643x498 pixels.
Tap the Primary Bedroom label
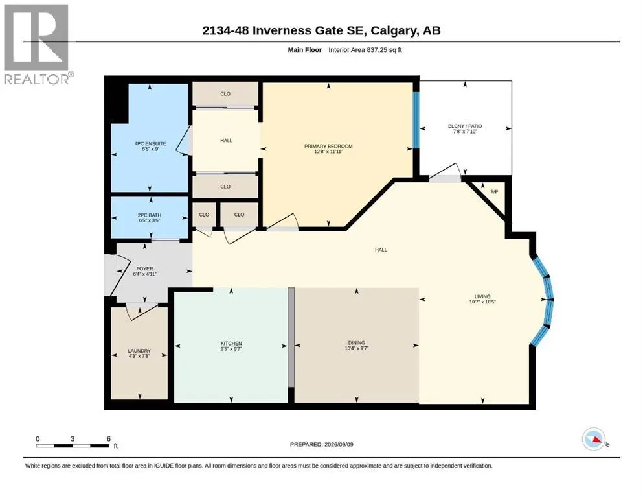328,148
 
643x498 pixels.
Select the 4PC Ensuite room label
150,146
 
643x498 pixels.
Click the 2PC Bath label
150,218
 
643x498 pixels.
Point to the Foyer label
145,272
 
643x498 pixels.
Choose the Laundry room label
139,353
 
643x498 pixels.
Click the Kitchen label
231,346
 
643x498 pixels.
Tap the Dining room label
356,345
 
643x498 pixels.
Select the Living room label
482,299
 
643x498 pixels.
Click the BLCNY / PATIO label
465,128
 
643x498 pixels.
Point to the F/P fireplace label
494,192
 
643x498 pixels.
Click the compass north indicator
594,439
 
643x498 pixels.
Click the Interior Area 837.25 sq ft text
365,50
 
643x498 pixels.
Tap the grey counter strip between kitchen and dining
291,337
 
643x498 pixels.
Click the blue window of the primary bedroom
416,120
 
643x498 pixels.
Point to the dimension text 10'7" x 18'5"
482,302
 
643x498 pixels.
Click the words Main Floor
305,50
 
